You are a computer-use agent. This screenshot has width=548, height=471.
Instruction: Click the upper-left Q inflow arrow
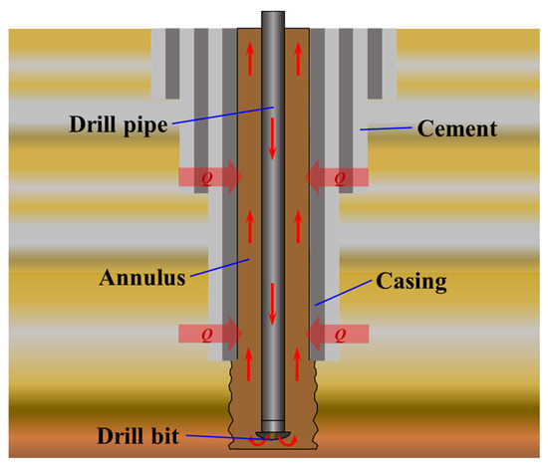[209, 178]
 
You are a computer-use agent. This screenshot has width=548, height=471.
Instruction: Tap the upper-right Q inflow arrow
[338, 178]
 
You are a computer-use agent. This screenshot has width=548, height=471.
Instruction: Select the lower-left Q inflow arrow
[209, 332]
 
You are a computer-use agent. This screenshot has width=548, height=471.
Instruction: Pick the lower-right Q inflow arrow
[338, 332]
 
